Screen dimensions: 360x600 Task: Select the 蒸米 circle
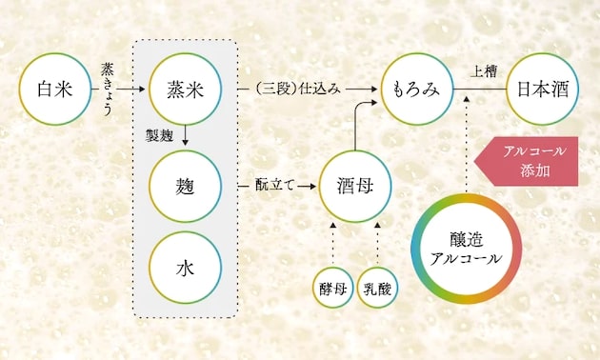click(x=188, y=90)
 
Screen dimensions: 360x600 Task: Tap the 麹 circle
click(x=188, y=183)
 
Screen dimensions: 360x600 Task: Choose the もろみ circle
click(x=416, y=90)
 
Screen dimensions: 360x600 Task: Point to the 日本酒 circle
click(x=542, y=90)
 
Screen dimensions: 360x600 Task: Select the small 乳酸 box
click(x=377, y=290)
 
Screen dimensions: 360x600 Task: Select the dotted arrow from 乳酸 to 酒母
click(x=376, y=245)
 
